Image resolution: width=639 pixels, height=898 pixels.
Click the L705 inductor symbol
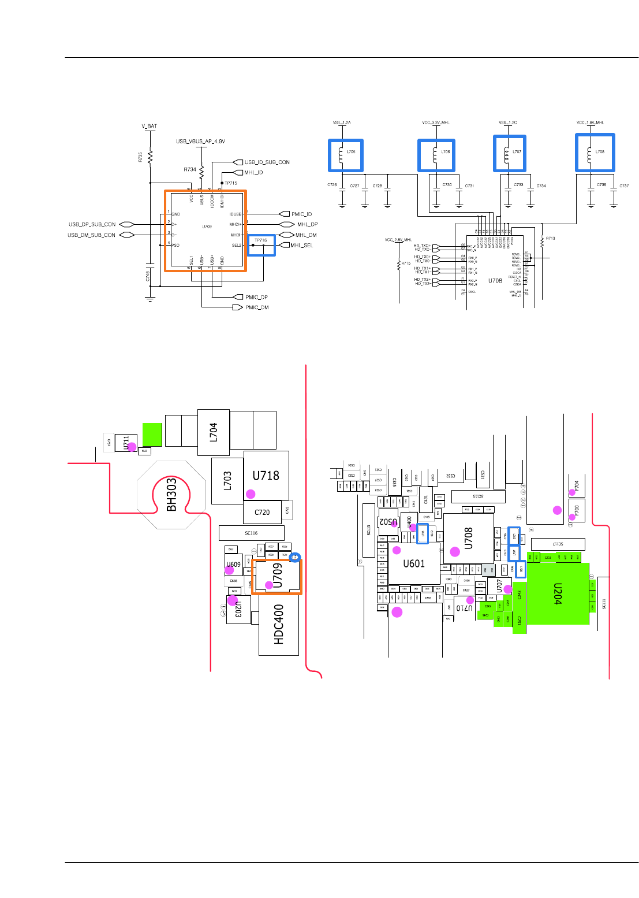[346, 155]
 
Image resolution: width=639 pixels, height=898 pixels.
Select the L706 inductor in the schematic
[436, 155]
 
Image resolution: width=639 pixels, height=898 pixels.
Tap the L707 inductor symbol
[509, 153]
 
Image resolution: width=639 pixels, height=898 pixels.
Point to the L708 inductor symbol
[595, 153]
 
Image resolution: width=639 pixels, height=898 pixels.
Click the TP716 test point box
[261, 245]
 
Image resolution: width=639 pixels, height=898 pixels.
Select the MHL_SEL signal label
[301, 246]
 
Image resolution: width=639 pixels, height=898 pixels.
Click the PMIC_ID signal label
[301, 214]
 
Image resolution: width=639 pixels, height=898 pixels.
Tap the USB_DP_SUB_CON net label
[92, 224]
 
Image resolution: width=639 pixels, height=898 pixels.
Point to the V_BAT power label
[150, 126]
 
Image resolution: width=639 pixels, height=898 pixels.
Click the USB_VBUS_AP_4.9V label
[200, 142]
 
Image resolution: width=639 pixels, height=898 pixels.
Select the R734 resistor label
[190, 170]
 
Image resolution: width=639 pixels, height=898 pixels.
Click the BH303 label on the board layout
[171, 494]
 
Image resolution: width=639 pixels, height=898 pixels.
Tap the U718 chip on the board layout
[266, 476]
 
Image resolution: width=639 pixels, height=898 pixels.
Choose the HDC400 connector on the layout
[279, 625]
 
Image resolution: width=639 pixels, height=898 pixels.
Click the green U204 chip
[558, 593]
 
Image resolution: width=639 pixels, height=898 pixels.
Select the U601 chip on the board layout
[414, 563]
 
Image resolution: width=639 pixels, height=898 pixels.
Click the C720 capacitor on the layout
[262, 512]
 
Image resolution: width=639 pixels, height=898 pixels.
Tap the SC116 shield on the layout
[251, 533]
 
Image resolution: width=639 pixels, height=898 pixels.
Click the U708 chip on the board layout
[468, 538]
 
